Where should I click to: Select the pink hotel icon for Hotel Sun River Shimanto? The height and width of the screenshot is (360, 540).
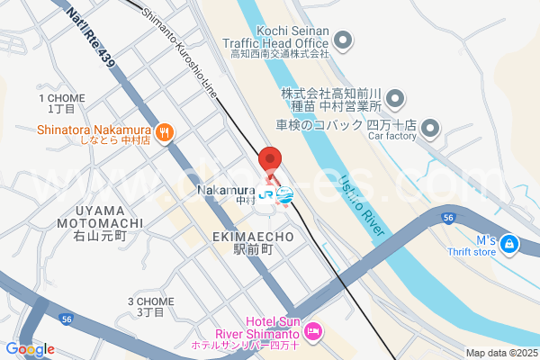tap(313, 333)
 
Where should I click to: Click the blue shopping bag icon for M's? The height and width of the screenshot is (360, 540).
tap(509, 243)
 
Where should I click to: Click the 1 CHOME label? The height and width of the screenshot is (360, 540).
tap(61, 103)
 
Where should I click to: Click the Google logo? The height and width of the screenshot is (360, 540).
tap(30, 349)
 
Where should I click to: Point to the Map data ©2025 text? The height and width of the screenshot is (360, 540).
tap(500, 353)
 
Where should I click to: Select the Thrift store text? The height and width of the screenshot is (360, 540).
tap(473, 252)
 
